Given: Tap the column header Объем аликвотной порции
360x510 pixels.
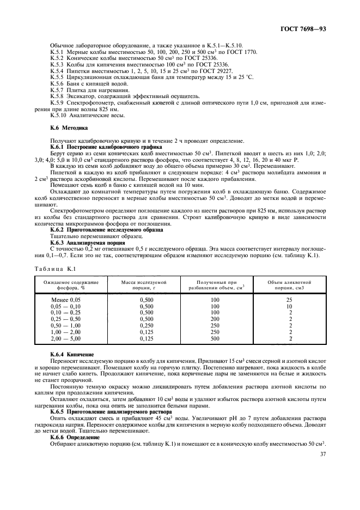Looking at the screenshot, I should click(290, 284).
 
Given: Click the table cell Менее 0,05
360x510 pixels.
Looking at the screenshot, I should click(65, 300).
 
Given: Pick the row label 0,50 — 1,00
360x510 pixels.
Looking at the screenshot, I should click(65, 325).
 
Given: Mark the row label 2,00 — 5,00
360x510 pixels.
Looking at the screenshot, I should click(65, 338).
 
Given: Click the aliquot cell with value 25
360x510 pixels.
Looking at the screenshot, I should click(290, 300).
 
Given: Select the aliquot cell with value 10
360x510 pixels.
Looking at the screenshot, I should click(290, 307).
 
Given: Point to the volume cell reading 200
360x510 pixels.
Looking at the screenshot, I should click(215, 319).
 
